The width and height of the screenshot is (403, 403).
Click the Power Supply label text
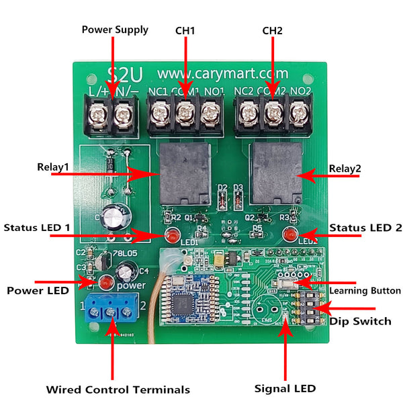click(115, 30)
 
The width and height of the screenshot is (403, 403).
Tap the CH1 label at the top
click(185, 30)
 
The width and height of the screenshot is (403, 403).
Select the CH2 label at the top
click(272, 30)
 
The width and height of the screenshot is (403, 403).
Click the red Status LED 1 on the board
click(171, 236)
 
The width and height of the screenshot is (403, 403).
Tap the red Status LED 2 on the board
click(290, 235)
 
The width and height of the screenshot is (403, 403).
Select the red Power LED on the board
click(105, 282)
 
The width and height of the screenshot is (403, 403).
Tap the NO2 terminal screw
click(298, 115)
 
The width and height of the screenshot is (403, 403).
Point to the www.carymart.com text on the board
click(222, 73)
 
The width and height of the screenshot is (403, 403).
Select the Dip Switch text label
click(360, 321)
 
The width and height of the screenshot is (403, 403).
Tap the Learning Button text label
click(365, 291)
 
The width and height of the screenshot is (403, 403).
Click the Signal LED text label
click(285, 388)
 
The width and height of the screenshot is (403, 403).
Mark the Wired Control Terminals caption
click(118, 390)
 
